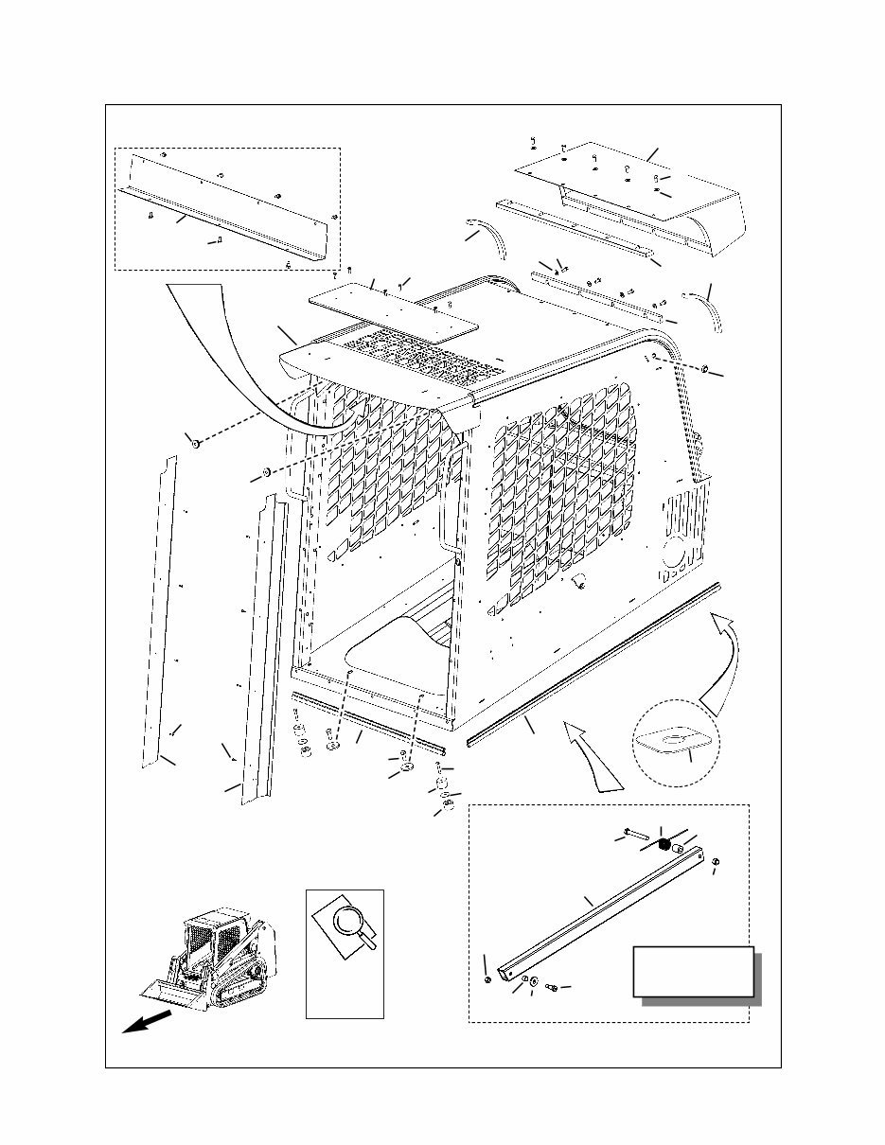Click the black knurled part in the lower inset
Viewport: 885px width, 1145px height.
tap(664, 844)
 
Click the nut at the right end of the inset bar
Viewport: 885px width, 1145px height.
tap(717, 860)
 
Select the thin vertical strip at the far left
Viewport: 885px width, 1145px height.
tap(159, 606)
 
